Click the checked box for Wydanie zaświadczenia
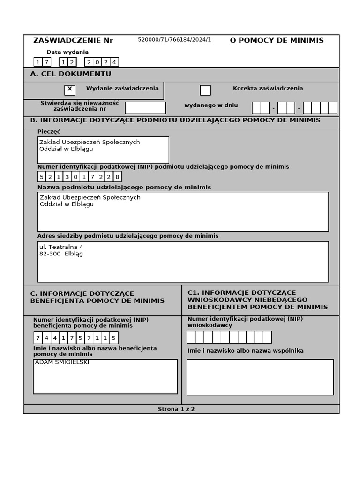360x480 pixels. click(x=70, y=90)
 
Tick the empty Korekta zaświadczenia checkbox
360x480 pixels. click(x=205, y=90)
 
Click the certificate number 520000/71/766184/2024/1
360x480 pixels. click(x=174, y=40)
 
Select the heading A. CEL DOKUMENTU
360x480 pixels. click(x=71, y=74)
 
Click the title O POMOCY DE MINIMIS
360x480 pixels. click(x=277, y=40)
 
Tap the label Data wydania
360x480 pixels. click(x=67, y=52)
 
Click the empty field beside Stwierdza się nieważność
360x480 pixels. click(x=145, y=108)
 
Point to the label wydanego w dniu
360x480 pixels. click(x=211, y=105)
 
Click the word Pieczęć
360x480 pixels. click(x=49, y=132)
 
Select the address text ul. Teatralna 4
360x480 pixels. click(x=61, y=247)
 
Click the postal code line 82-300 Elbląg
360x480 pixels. click(x=61, y=254)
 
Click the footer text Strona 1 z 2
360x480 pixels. click(x=176, y=409)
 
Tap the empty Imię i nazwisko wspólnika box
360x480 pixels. click(x=260, y=377)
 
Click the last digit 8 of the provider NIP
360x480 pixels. click(x=117, y=177)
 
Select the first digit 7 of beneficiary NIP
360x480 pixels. click(x=38, y=338)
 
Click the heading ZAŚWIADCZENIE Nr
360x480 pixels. click(x=73, y=40)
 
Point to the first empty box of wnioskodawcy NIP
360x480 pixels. click(x=191, y=337)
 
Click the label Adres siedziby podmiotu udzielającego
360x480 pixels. click(x=128, y=236)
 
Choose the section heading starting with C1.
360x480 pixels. click(x=257, y=300)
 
